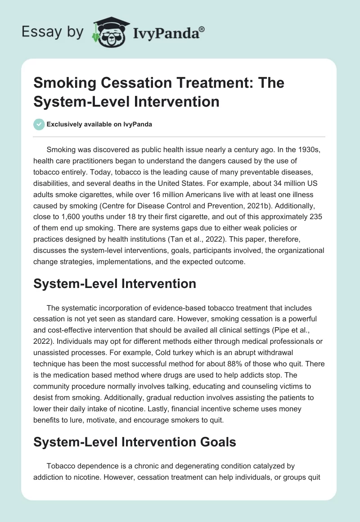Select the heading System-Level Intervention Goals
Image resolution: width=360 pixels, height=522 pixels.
(x=135, y=442)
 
